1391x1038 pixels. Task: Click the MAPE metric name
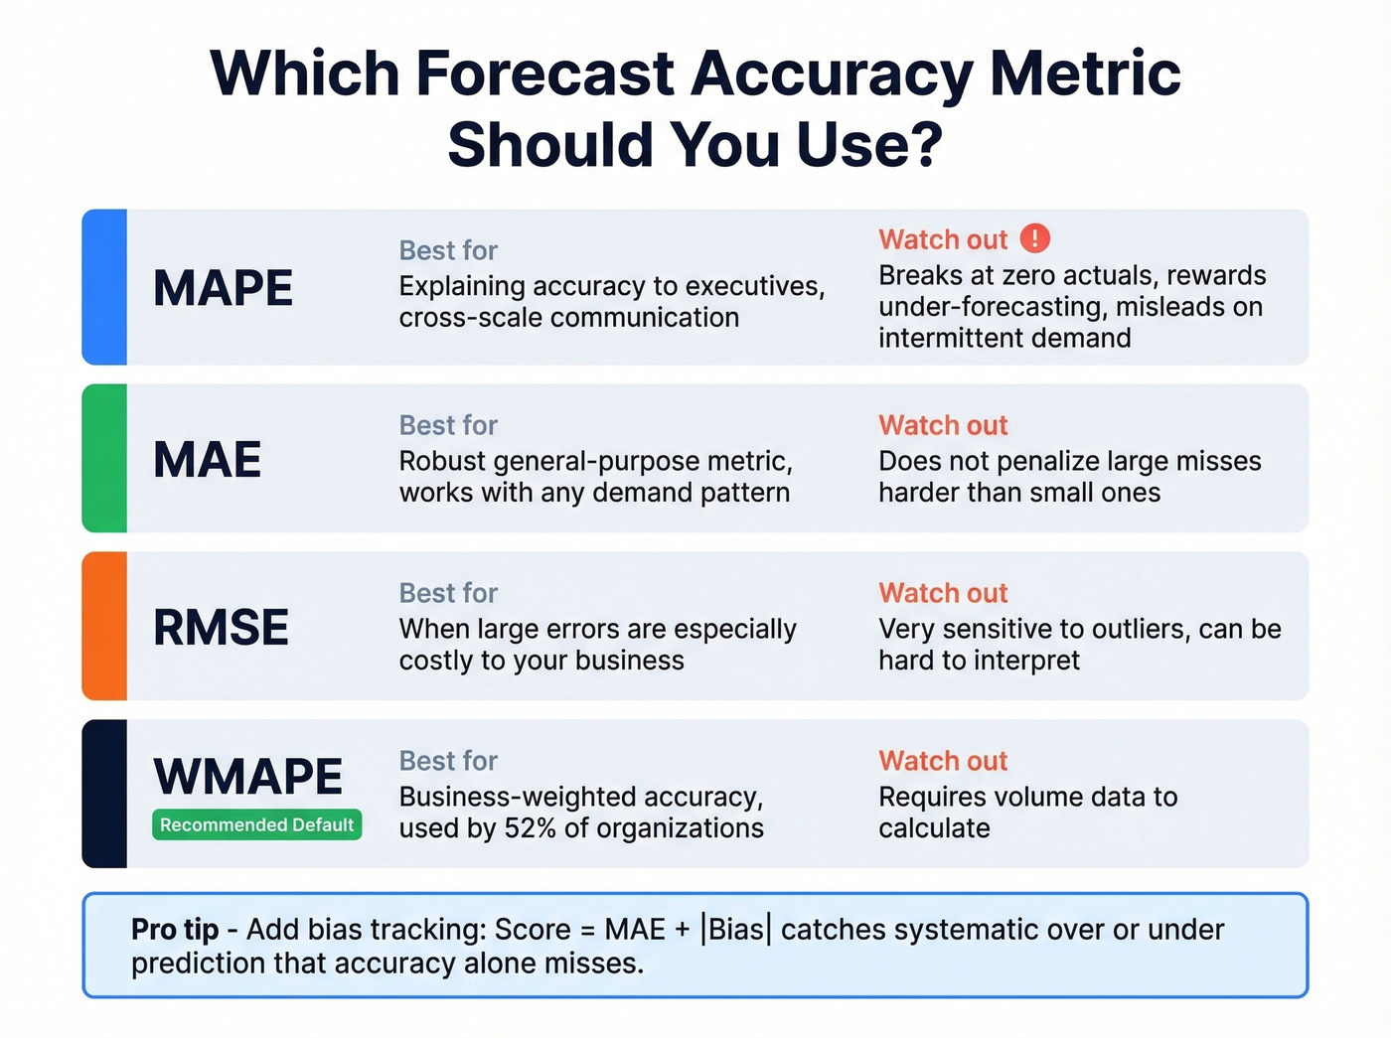(223, 289)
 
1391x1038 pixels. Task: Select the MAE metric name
(207, 461)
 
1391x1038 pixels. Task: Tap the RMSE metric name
(221, 628)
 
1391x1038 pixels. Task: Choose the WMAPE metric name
(247, 777)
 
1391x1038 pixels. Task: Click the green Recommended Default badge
(256, 825)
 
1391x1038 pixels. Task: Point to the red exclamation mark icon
(1034, 238)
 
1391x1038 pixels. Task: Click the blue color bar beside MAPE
(104, 287)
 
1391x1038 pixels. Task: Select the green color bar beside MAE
(104, 458)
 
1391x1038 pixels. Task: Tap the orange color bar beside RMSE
(104, 626)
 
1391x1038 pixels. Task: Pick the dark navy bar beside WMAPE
(104, 794)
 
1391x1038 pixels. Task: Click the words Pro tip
(175, 930)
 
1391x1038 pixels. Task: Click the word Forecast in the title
(545, 74)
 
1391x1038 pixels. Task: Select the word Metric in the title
(1085, 74)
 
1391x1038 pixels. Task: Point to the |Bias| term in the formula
(735, 930)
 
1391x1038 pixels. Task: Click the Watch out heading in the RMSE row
(943, 593)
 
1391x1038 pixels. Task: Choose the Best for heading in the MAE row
(448, 425)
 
